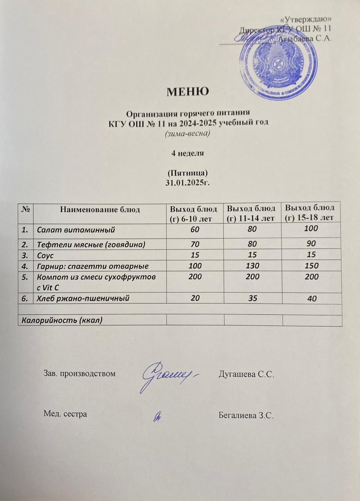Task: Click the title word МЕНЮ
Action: (x=188, y=92)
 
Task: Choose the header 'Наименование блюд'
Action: (x=100, y=209)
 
